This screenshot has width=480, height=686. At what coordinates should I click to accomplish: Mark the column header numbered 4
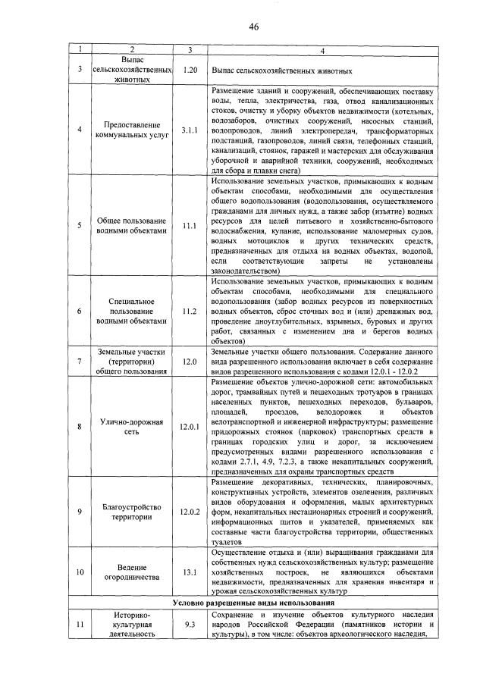(322, 49)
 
